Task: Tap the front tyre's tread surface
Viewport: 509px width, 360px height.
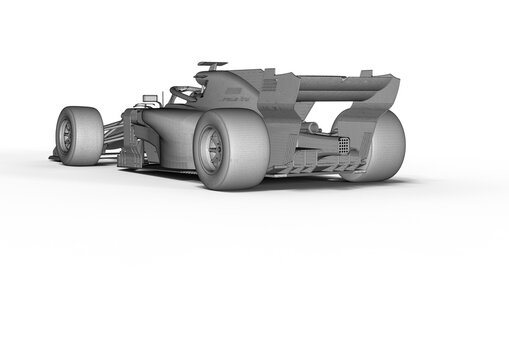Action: coord(88,136)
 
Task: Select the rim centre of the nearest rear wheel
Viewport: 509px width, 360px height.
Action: coord(211,149)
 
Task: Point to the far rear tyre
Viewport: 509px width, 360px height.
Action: coord(381,145)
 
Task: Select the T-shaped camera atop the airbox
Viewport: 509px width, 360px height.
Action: coord(212,65)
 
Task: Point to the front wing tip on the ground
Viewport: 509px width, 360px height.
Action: coord(55,156)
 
